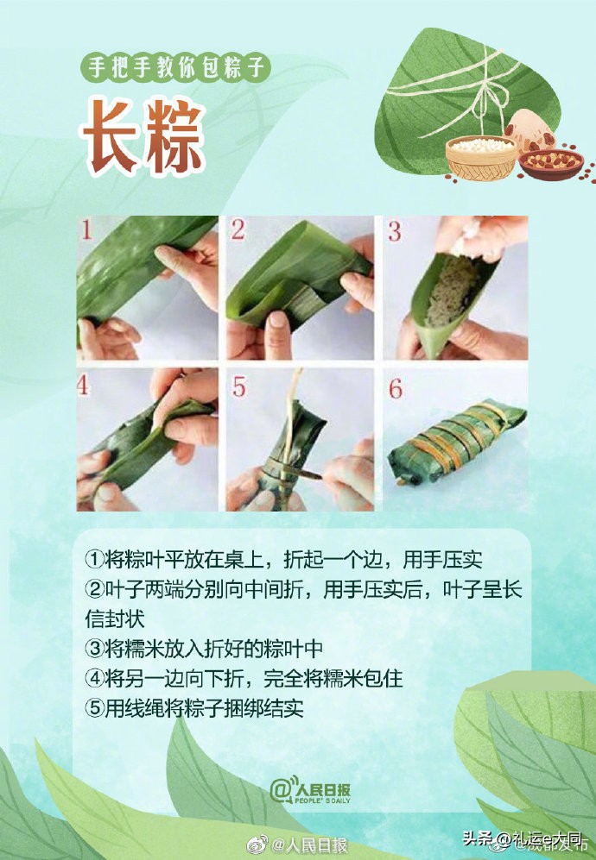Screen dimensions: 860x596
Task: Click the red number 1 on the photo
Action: (86, 230)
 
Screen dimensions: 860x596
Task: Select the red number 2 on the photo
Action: (238, 230)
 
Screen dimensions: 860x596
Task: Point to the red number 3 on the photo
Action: (394, 231)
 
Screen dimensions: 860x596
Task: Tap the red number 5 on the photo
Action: (238, 387)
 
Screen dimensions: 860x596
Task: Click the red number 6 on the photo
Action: (395, 387)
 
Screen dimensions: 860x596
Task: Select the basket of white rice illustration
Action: (481, 157)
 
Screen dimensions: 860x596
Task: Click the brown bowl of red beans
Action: (550, 162)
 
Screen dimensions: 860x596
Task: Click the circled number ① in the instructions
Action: (93, 560)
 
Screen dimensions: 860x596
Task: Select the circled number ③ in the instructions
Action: (93, 649)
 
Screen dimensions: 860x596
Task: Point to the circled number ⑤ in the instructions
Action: (93, 708)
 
